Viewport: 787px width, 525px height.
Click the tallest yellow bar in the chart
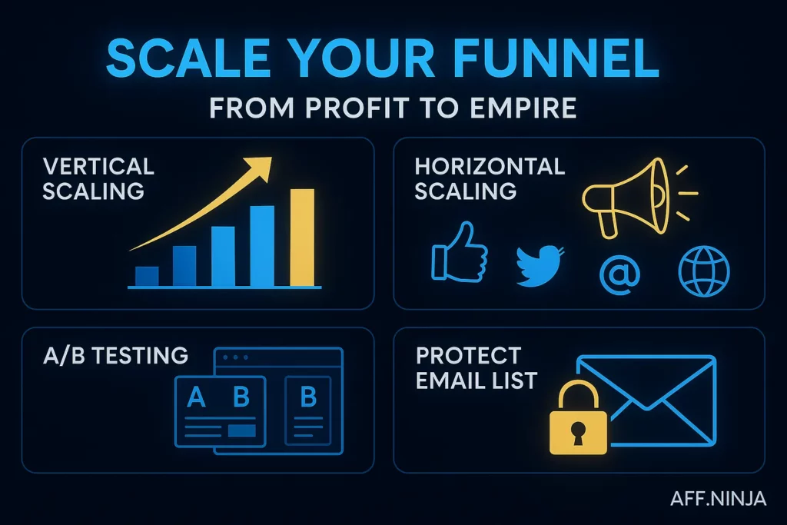[x=302, y=237]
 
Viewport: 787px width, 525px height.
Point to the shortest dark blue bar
[x=147, y=276]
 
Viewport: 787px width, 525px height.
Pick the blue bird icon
[x=540, y=266]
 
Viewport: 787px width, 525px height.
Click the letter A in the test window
[x=197, y=397]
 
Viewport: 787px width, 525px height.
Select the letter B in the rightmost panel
[x=308, y=397]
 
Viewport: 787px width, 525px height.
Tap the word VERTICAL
[x=98, y=166]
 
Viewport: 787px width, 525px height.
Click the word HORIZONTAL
[x=490, y=166]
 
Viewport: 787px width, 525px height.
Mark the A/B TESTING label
[x=115, y=355]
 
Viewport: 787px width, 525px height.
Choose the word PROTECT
[x=468, y=356]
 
